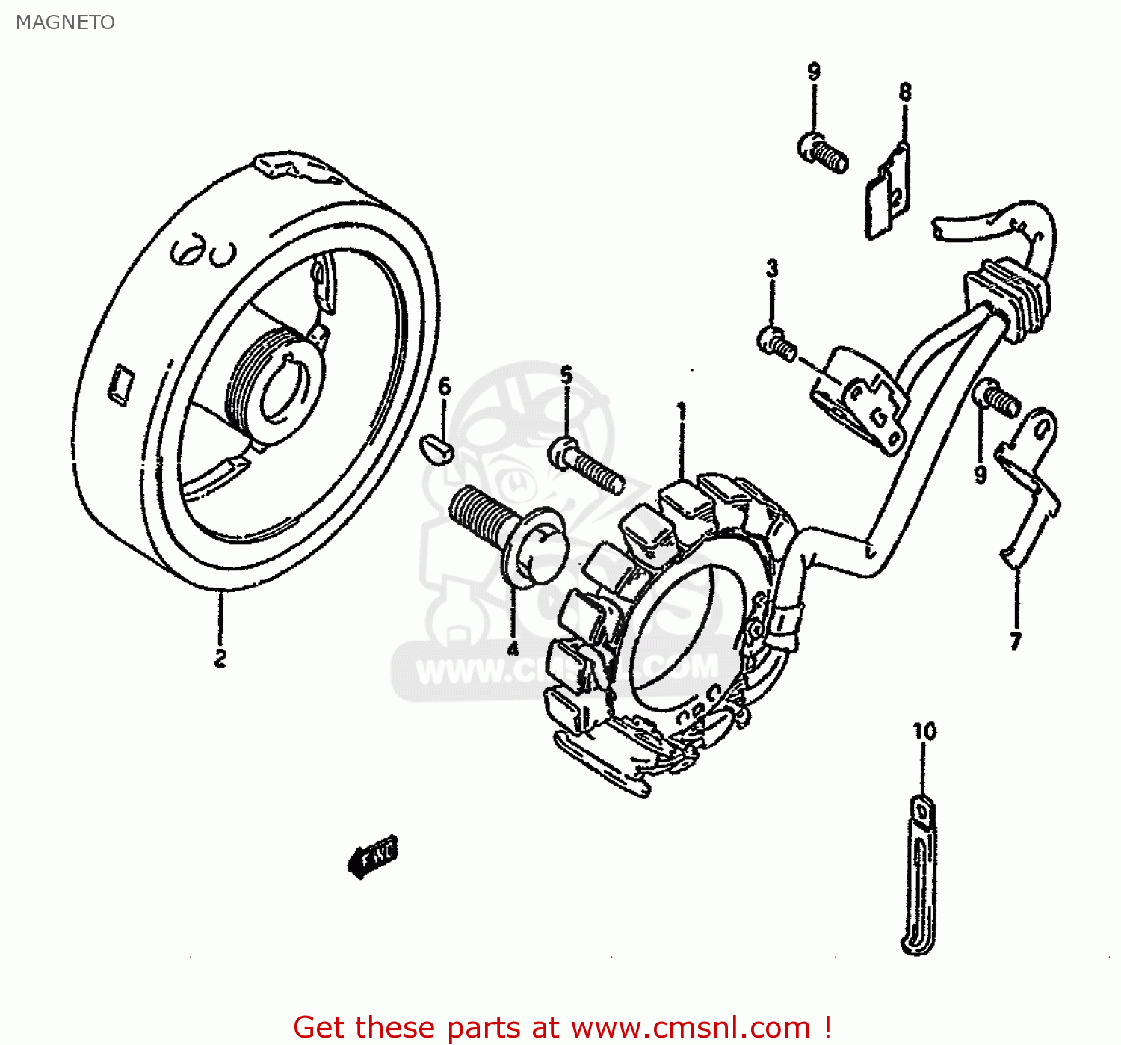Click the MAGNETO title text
coord(65,22)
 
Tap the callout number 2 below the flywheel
coord(220,659)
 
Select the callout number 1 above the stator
coord(681,411)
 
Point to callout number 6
coord(445,386)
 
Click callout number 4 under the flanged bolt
coord(513,649)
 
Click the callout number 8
coord(905,92)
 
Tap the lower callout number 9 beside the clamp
coord(981,474)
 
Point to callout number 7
coord(1015,641)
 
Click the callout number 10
coord(924,731)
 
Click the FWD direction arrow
coord(373,856)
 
